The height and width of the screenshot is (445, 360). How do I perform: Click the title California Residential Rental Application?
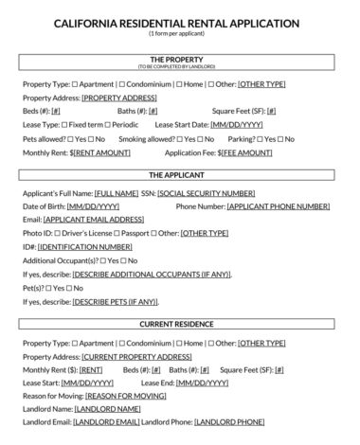(x=179, y=22)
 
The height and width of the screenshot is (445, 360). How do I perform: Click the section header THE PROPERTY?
(x=179, y=59)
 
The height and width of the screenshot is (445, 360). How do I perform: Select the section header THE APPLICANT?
(x=179, y=175)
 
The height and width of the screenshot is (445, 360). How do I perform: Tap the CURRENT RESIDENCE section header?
(x=179, y=324)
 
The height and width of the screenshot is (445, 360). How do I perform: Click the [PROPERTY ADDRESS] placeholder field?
(x=118, y=98)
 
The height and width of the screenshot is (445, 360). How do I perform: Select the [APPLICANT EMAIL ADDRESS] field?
(x=94, y=219)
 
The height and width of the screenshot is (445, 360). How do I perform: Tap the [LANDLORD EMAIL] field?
(x=104, y=421)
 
